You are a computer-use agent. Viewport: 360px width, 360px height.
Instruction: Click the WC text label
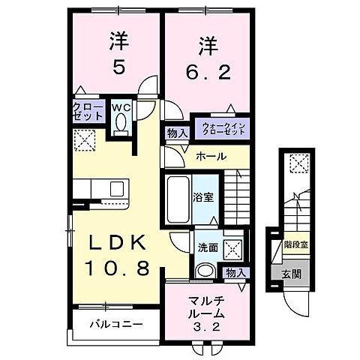pyautogui.click(x=121, y=106)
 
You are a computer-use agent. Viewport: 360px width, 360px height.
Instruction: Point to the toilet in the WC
pyautogui.click(x=121, y=125)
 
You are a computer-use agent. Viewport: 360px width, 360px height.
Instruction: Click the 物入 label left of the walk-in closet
pyautogui.click(x=177, y=133)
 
